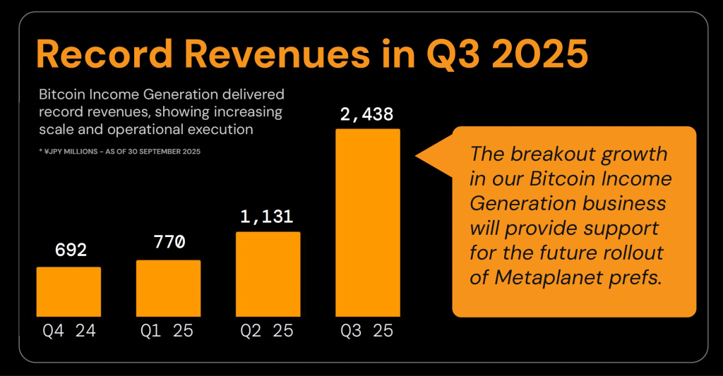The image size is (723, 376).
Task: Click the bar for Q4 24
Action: point(68,291)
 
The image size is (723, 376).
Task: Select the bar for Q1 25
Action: point(168,288)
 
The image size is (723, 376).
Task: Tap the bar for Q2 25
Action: point(268,274)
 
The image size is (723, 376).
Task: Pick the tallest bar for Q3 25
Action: point(367,222)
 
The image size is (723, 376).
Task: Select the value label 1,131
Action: point(268,215)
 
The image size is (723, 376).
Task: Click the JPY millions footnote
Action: point(120,152)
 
